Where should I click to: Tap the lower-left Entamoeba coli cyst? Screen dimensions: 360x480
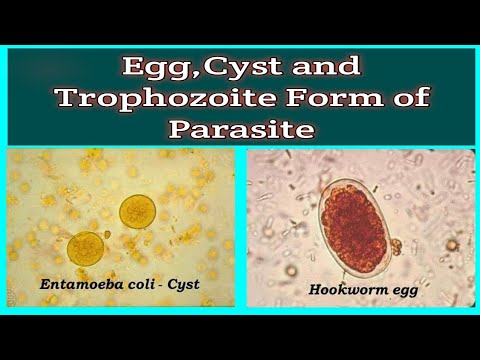(x=86, y=247)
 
